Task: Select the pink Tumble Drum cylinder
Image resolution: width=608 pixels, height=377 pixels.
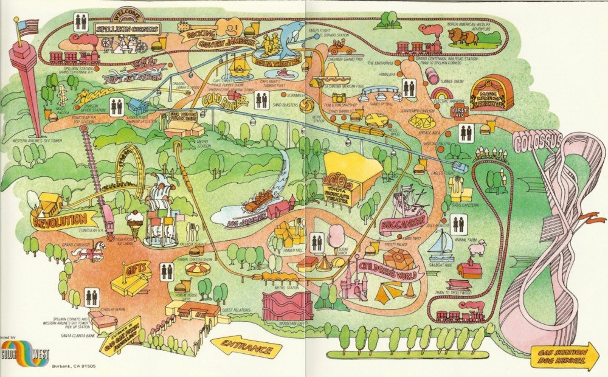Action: coord(433,76)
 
